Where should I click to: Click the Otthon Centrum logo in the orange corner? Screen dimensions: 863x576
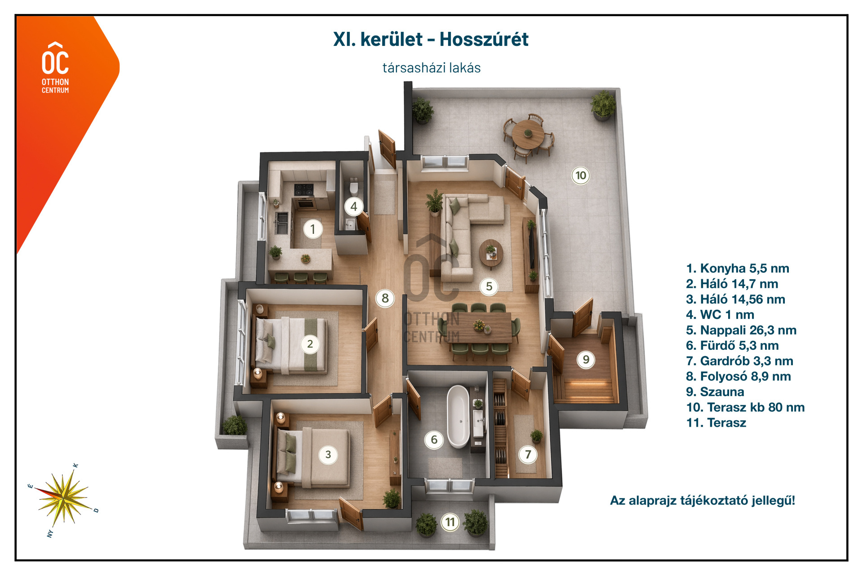pos(55,68)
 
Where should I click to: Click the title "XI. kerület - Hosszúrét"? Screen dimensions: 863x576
pos(431,40)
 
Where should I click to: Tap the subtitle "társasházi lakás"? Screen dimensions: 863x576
pos(431,68)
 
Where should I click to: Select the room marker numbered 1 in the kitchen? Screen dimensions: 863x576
pos(313,229)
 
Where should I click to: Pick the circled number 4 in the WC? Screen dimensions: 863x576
pos(354,206)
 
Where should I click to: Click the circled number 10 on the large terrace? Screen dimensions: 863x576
pos(581,175)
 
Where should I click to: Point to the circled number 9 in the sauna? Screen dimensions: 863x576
pos(586,359)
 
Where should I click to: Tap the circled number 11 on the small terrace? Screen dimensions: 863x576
pos(450,522)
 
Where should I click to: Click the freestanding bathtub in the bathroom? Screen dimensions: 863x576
pos(458,416)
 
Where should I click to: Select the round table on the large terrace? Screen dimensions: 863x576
pos(528,134)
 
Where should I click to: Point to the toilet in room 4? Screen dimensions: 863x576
pos(354,186)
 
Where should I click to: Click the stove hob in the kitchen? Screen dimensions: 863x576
pos(303,189)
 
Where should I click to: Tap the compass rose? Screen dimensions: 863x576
pos(64,498)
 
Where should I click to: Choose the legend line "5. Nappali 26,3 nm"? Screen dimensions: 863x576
pos(741,330)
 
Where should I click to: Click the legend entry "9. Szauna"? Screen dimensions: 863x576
pos(715,392)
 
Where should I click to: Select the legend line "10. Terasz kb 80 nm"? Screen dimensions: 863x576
pos(745,407)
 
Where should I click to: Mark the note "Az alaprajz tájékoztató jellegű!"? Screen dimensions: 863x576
pos(703,500)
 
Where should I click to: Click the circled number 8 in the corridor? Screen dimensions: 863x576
pos(385,298)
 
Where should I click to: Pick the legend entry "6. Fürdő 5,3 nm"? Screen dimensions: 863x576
pos(732,345)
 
